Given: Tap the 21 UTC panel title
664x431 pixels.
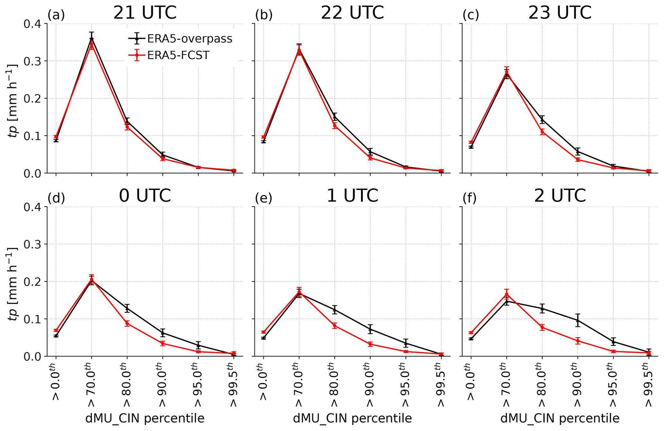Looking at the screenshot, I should click(x=145, y=13).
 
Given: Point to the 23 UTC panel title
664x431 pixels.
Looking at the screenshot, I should click(x=560, y=13).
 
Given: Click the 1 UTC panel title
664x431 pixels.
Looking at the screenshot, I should click(x=352, y=196).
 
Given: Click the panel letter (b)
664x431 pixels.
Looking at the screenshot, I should click(x=264, y=15).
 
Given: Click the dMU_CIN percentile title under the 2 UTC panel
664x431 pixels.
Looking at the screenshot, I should click(x=560, y=418).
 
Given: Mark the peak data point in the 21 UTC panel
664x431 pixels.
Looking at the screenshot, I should click(x=92, y=39).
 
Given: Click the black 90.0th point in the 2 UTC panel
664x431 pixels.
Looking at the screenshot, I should click(x=578, y=320).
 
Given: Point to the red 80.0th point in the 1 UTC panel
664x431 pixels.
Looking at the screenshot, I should click(x=335, y=326).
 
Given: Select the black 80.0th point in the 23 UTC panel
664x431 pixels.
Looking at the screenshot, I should click(x=542, y=119).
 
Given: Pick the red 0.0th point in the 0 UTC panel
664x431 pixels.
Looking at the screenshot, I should click(x=56, y=330).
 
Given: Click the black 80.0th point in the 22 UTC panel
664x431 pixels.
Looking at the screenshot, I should click(x=335, y=117).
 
